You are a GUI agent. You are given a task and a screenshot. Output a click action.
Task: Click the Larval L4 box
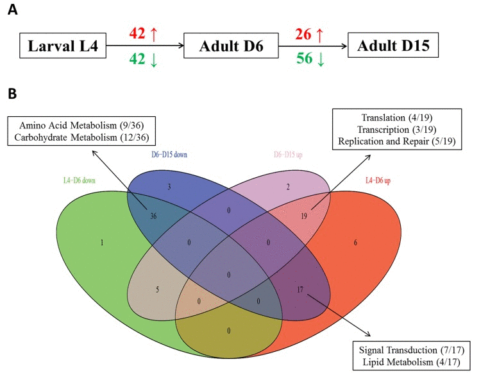(62, 47)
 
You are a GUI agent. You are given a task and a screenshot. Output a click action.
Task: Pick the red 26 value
(306, 32)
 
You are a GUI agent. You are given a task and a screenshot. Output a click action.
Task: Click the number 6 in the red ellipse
(373, 243)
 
